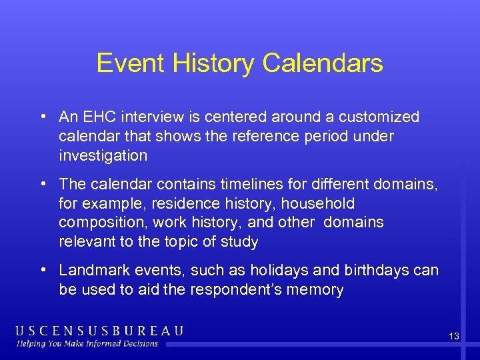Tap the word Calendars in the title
point(323,63)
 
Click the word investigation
point(103,155)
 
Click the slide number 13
point(453,337)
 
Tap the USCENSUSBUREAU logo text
point(100,331)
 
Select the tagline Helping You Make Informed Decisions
point(88,344)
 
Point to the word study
point(241,241)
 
